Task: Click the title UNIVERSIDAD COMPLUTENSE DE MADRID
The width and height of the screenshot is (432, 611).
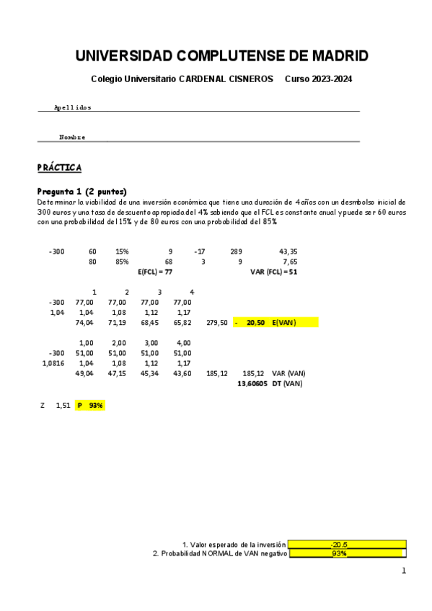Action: (221, 56)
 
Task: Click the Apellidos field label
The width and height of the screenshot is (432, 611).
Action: (73, 107)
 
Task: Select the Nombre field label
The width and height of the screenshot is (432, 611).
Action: (72, 137)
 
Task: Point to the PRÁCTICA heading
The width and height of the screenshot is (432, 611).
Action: (59, 168)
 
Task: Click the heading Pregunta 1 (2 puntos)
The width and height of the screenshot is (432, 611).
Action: (81, 192)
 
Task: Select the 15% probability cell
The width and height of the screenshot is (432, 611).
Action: (122, 251)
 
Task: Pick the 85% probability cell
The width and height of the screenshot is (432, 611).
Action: (122, 262)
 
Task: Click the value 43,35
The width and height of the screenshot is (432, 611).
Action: (288, 251)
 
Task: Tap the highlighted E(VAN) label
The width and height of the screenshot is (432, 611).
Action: (284, 323)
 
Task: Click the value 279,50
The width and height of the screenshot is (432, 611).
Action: (217, 323)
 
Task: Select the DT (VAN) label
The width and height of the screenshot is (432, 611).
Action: (288, 384)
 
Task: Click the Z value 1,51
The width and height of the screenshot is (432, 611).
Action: (63, 406)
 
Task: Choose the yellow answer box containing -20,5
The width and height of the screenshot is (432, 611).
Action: (346, 545)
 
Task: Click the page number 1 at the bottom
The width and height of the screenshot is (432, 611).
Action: (404, 571)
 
